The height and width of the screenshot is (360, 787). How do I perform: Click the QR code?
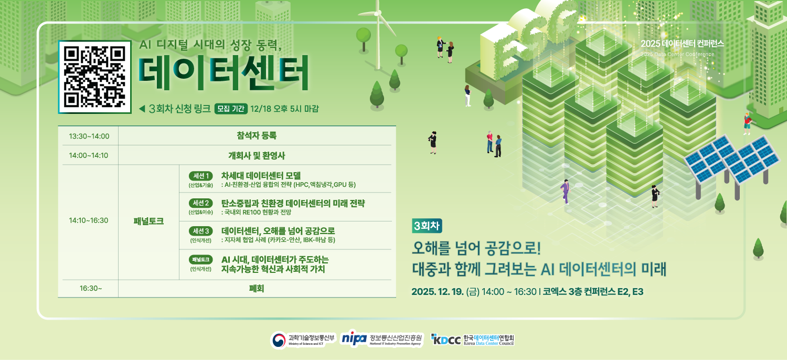click(x=94, y=77)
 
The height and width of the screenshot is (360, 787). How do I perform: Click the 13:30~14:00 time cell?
click(x=89, y=136)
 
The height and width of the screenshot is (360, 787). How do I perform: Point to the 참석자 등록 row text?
click(x=256, y=136)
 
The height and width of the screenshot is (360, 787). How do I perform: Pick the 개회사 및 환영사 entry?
click(x=256, y=155)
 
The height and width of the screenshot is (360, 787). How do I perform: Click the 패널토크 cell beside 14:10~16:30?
click(x=148, y=221)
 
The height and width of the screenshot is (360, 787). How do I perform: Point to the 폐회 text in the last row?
click(x=256, y=288)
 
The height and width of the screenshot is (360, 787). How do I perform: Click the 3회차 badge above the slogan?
click(x=428, y=226)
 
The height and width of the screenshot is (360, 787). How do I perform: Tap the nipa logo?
click(x=354, y=339)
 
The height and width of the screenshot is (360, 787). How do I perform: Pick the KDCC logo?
click(x=446, y=340)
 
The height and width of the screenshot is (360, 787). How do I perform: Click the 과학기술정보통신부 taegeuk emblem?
click(x=279, y=340)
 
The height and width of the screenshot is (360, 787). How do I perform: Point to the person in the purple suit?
click(x=565, y=191)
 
